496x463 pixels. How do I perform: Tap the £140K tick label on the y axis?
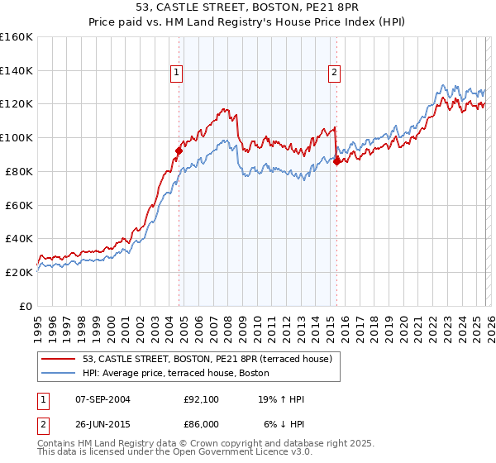[x=17, y=71]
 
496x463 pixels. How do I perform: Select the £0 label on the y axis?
[x=26, y=306]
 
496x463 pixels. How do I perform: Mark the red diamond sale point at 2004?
[x=179, y=150]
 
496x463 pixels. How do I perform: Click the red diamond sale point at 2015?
[x=336, y=161]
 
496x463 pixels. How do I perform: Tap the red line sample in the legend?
[x=60, y=359]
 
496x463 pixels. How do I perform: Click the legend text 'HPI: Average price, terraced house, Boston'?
[x=175, y=373]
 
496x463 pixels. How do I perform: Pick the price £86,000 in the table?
[x=201, y=422]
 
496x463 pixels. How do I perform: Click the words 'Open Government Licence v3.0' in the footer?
[x=239, y=452]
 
